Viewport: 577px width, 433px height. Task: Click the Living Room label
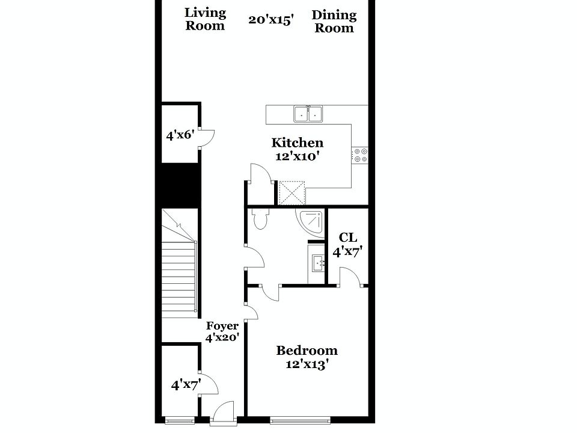pos(205,19)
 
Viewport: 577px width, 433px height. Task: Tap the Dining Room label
pos(334,21)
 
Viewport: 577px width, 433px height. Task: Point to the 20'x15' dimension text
pos(270,19)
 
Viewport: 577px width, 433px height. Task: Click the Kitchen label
pos(298,143)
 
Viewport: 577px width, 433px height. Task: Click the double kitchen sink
pos(308,113)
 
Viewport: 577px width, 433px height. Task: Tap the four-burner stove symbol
pos(361,155)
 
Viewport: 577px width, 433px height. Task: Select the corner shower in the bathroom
pos(311,221)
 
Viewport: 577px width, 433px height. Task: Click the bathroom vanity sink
pos(317,263)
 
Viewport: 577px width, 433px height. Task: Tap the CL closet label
pos(348,238)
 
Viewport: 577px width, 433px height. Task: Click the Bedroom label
pos(307,350)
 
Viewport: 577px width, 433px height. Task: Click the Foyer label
pos(222,326)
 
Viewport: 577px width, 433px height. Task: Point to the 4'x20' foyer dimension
pos(222,338)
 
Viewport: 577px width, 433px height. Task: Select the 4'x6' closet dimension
pos(179,135)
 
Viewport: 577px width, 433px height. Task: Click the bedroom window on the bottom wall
pos(300,419)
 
